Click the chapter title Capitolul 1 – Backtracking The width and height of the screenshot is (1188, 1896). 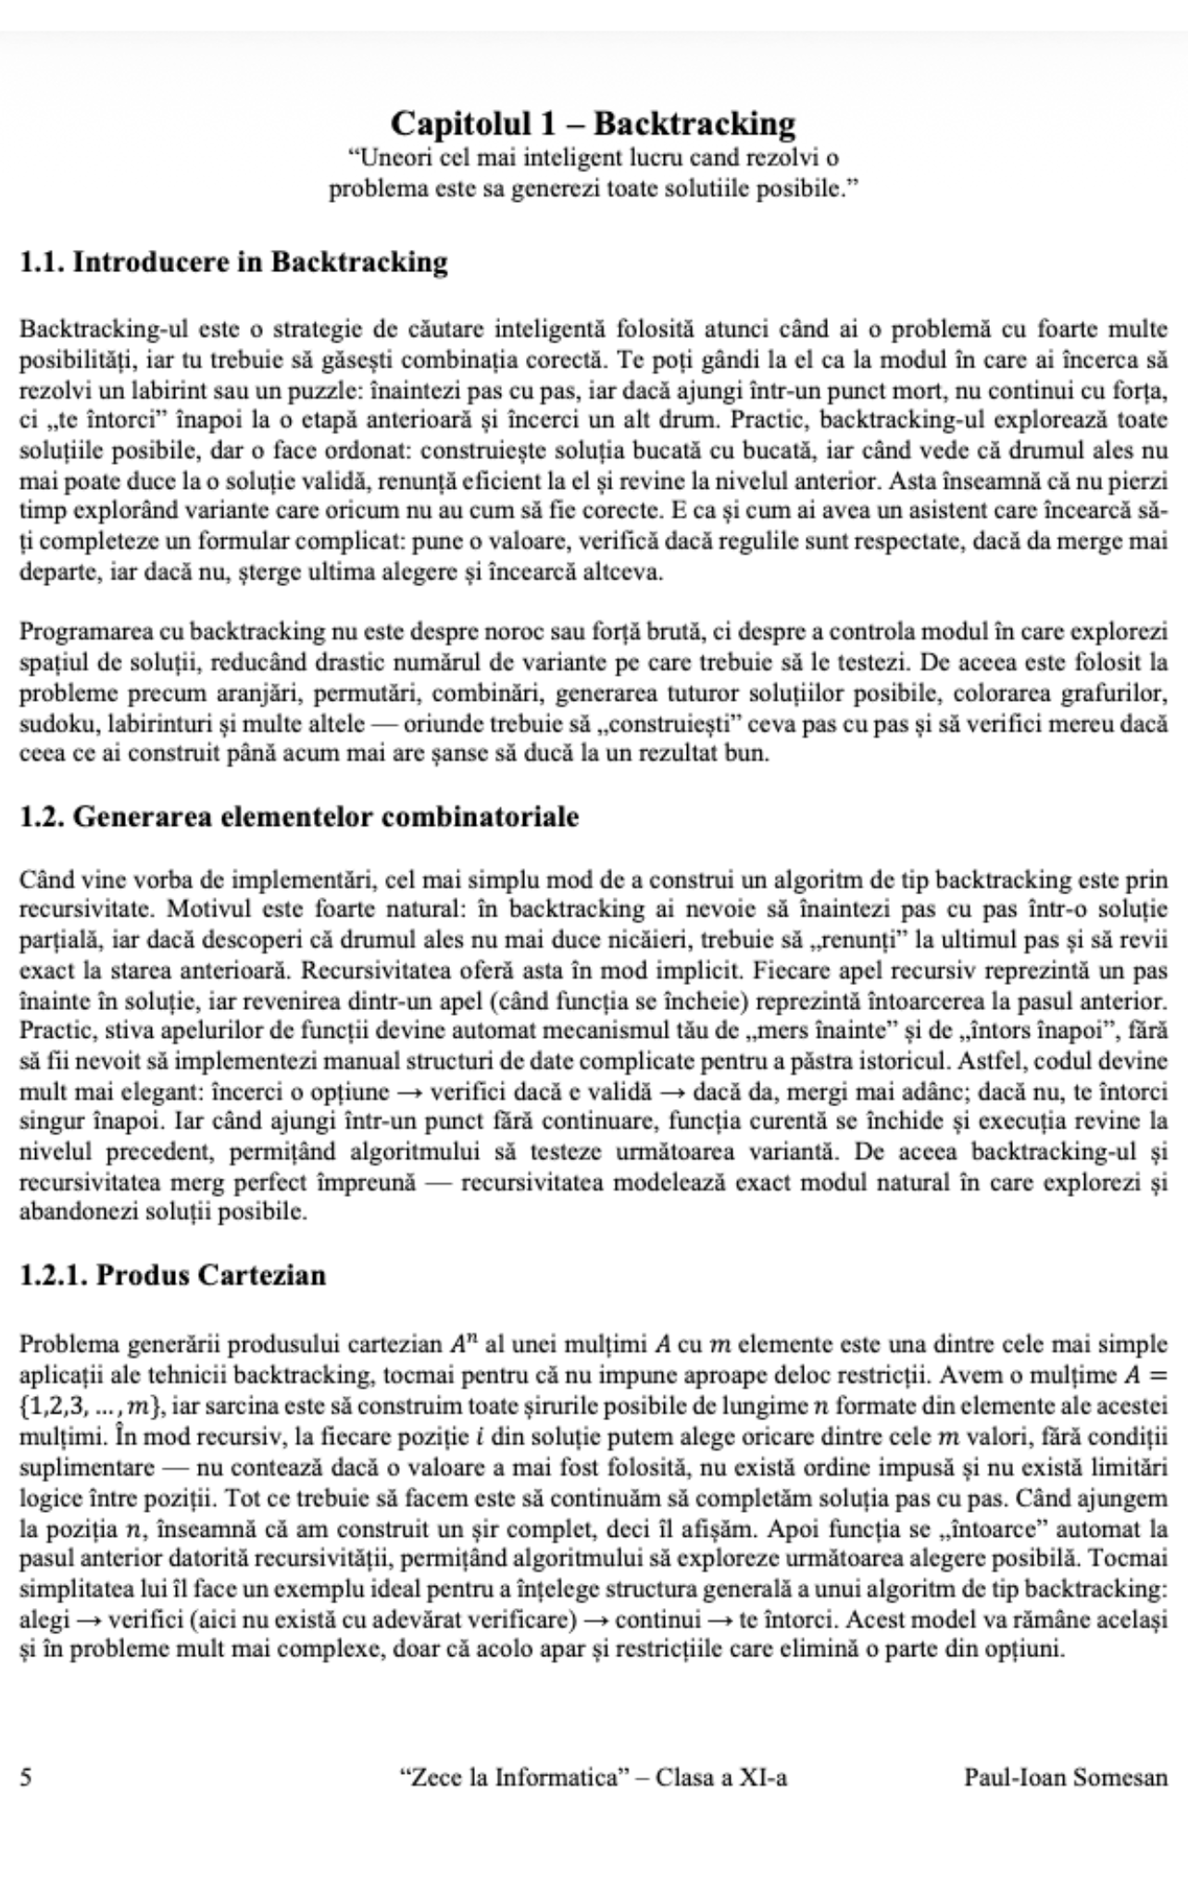click(x=593, y=123)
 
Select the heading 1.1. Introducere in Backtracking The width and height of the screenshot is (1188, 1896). click(x=233, y=262)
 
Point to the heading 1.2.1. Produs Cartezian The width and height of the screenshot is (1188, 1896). click(x=173, y=1275)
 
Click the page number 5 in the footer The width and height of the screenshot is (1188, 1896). click(x=26, y=1777)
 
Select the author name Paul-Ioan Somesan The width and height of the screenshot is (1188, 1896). click(x=1066, y=1777)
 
